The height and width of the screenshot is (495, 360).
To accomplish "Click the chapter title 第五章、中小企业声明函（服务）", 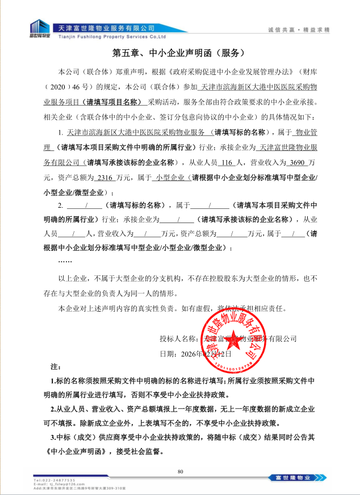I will point(179,53).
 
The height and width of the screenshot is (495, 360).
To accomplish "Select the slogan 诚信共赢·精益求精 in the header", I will point(299,28).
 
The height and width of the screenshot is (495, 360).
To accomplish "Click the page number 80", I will point(180,471).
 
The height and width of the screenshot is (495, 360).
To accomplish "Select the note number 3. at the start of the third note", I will point(53,438).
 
